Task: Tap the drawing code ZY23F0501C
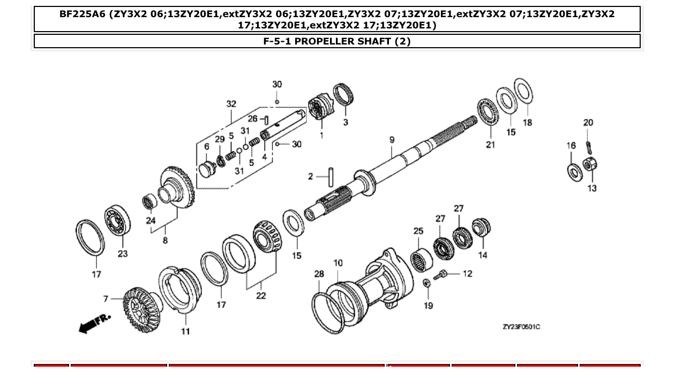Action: click(521, 327)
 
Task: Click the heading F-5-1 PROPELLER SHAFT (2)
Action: click(337, 41)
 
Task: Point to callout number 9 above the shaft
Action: click(392, 140)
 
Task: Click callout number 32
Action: click(231, 104)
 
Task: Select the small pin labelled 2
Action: click(332, 176)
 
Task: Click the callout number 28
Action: click(319, 274)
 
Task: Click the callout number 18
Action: click(528, 122)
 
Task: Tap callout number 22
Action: click(261, 295)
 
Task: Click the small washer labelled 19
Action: click(427, 283)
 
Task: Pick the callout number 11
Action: click(185, 331)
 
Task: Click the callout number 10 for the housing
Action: click(338, 263)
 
